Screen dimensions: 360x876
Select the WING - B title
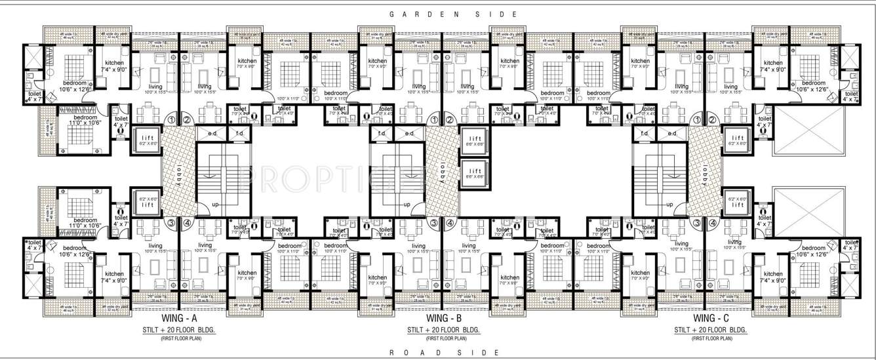[445, 319]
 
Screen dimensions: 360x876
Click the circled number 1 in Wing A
[172, 120]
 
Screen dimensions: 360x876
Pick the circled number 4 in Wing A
[188, 223]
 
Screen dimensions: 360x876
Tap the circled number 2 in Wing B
[450, 120]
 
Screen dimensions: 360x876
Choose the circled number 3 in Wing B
[434, 223]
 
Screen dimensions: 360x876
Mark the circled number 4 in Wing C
[713, 223]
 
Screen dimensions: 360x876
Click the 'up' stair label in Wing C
[669, 205]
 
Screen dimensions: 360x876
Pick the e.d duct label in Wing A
[212, 134]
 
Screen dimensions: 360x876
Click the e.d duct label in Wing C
[671, 134]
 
